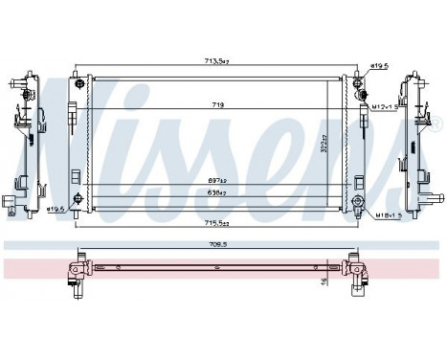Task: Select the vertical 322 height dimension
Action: tap(350, 145)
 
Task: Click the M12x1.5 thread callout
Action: tap(387, 107)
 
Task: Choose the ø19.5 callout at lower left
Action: tap(57, 208)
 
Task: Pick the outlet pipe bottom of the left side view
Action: tap(12, 203)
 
